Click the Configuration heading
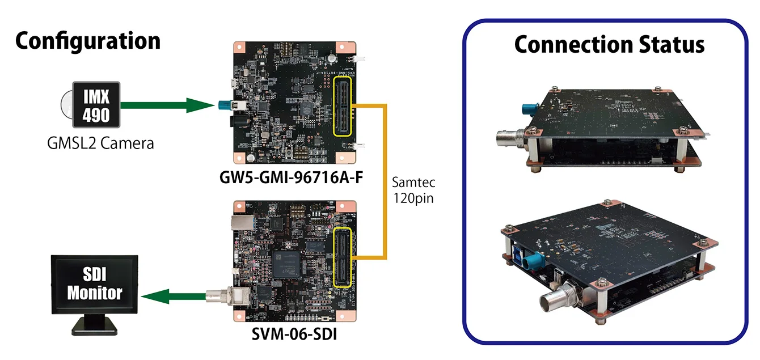[x=88, y=41]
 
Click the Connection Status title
[x=609, y=44]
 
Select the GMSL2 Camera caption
[x=100, y=143]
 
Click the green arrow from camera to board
[x=164, y=105]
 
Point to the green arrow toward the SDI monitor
[x=173, y=295]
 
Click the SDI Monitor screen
[x=94, y=285]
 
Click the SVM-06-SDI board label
[x=294, y=335]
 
